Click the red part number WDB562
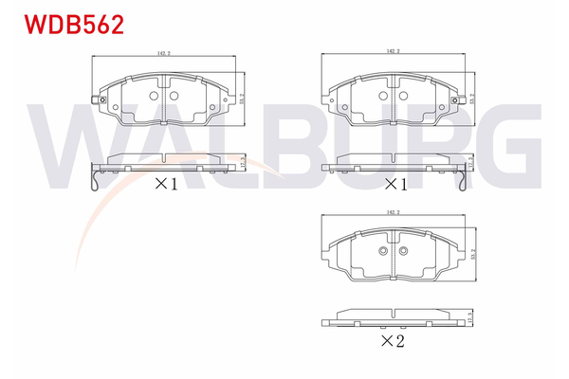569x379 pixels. coord(66,25)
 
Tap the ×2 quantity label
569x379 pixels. coord(392,341)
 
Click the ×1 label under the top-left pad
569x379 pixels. coord(166,184)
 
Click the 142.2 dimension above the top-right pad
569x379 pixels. coord(393,52)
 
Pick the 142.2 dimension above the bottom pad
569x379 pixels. coord(393,213)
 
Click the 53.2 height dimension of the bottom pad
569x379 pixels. coord(472,255)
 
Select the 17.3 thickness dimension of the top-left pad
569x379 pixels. coord(244,163)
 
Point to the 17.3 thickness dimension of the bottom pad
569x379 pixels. coord(472,318)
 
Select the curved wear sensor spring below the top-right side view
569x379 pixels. coord(465,180)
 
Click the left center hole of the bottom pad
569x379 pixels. coord(383,251)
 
